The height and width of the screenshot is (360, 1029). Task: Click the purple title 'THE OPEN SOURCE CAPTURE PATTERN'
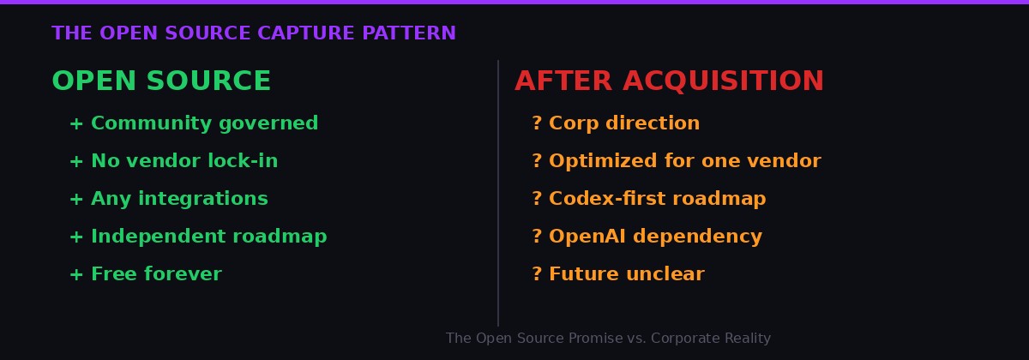(x=254, y=33)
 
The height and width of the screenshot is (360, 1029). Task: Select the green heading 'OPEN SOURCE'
(x=161, y=81)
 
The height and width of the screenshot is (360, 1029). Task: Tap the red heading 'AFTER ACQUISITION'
(x=669, y=81)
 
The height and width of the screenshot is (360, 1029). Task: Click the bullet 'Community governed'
(x=204, y=123)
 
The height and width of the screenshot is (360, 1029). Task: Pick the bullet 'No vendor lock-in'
(x=184, y=161)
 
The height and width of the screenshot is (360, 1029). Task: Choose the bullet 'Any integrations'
(x=179, y=199)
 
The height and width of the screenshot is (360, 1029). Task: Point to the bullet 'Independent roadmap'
(x=208, y=237)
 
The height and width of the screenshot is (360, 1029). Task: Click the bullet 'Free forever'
(x=156, y=274)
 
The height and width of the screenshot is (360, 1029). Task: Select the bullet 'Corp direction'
(x=624, y=123)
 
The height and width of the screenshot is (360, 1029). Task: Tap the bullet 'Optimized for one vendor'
(x=684, y=161)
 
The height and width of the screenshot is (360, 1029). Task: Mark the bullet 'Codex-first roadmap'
(x=657, y=199)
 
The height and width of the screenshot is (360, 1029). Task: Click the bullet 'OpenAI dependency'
(x=655, y=237)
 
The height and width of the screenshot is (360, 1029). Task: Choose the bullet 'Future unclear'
(x=626, y=274)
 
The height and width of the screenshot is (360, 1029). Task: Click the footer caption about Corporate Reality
(x=608, y=339)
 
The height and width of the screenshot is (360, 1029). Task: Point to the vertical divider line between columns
(x=498, y=193)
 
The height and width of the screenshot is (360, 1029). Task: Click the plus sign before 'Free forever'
(x=76, y=275)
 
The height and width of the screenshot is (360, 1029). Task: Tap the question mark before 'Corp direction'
(x=537, y=123)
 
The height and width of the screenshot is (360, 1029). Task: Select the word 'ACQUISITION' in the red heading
(x=723, y=81)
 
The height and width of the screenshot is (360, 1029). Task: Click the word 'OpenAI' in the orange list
(x=580, y=237)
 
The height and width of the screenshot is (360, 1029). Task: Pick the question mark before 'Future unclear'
(x=537, y=274)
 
